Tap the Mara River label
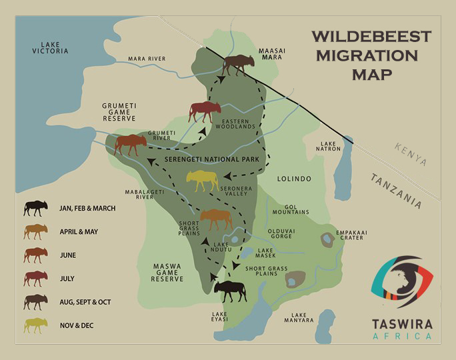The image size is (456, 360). [147, 59]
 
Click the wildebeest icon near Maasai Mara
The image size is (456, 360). [238, 65]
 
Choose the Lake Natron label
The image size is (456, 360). [330, 147]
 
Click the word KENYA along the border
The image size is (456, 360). [409, 154]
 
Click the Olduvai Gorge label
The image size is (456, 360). [286, 235]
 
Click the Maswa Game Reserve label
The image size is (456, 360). [167, 273]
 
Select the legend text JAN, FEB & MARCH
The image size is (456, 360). [87, 209]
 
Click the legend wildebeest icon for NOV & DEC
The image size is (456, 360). [35, 325]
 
